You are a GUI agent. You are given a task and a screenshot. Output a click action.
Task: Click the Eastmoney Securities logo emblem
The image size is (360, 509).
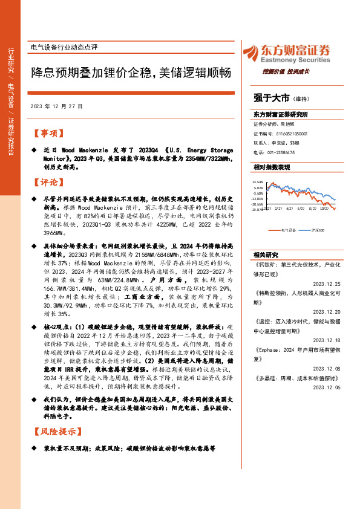click(x=252, y=53)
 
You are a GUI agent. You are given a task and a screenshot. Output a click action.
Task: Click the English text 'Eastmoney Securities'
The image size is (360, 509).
click(x=296, y=60)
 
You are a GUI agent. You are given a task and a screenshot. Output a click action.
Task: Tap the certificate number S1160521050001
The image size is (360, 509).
click(x=292, y=132)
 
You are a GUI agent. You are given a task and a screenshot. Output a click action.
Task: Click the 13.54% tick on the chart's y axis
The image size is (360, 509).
click(x=258, y=181)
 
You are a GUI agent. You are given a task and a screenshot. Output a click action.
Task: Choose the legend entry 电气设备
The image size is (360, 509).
click(x=289, y=230)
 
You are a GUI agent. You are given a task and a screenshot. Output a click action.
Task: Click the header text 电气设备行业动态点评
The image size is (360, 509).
click(x=64, y=47)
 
